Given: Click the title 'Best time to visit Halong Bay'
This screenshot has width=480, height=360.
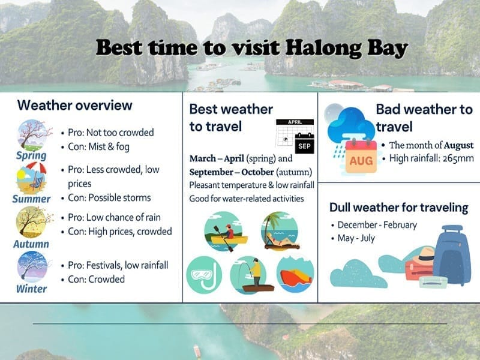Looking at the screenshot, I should click(x=252, y=47).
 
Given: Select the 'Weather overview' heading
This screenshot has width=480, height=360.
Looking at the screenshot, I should click(x=74, y=106).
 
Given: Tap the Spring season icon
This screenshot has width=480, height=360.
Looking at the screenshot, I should click(x=32, y=135).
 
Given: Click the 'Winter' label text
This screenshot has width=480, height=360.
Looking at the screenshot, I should click(x=32, y=289).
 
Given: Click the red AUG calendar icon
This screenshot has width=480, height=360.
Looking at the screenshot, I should click(x=361, y=157).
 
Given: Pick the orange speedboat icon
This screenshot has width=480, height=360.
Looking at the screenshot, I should click(x=295, y=274).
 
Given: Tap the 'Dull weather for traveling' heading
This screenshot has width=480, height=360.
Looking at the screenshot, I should click(x=398, y=208).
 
